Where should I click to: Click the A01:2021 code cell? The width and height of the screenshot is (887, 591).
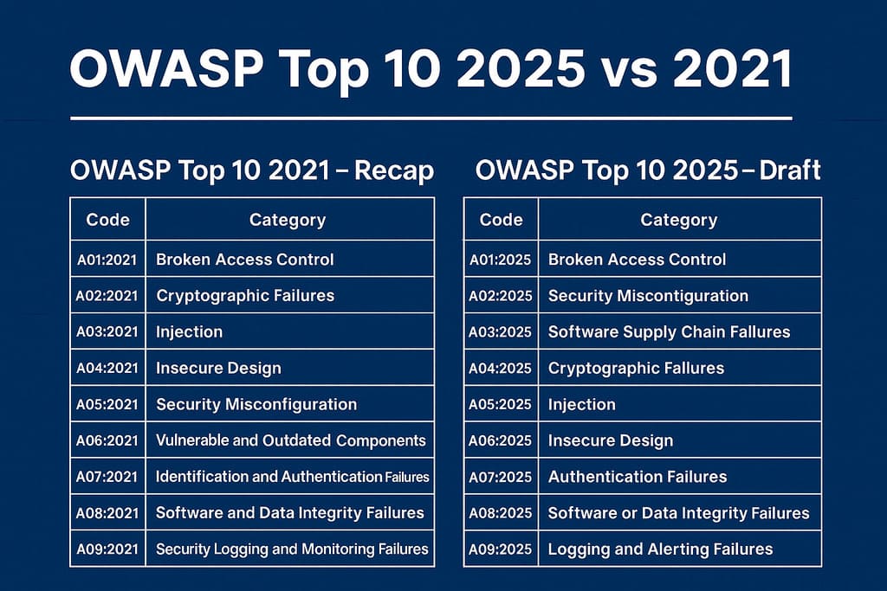[x=107, y=260]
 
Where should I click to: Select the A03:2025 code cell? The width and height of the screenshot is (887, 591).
[x=501, y=332]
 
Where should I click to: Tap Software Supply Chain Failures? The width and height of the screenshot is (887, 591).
[x=669, y=332]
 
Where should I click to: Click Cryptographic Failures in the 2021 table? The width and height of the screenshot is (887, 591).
[x=245, y=296]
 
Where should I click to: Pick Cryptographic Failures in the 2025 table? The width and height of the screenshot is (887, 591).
[x=636, y=369]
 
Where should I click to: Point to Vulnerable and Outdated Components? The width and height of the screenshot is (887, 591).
[x=291, y=440]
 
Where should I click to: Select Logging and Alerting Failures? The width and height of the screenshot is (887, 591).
[x=660, y=549]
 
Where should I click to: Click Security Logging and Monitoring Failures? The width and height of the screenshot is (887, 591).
[x=292, y=549]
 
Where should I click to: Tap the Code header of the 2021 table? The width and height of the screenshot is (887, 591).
[x=107, y=220]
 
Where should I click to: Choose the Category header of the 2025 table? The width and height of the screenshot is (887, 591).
[x=678, y=220]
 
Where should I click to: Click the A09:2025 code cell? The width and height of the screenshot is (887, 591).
[x=501, y=549]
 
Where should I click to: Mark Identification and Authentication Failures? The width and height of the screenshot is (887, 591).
[x=292, y=477]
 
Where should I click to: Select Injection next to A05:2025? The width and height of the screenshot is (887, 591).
[x=582, y=405]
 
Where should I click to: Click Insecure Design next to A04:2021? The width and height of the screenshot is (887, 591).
[x=218, y=369]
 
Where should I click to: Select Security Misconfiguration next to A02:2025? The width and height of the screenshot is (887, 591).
[x=648, y=296]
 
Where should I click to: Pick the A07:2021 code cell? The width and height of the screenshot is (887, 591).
[x=107, y=477]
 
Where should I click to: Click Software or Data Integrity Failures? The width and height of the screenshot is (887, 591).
[x=678, y=513]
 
